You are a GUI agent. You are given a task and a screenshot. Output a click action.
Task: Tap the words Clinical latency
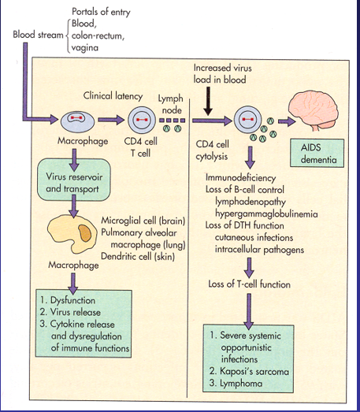pos(113,95)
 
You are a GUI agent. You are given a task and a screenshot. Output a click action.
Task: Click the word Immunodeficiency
pos(239,180)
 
